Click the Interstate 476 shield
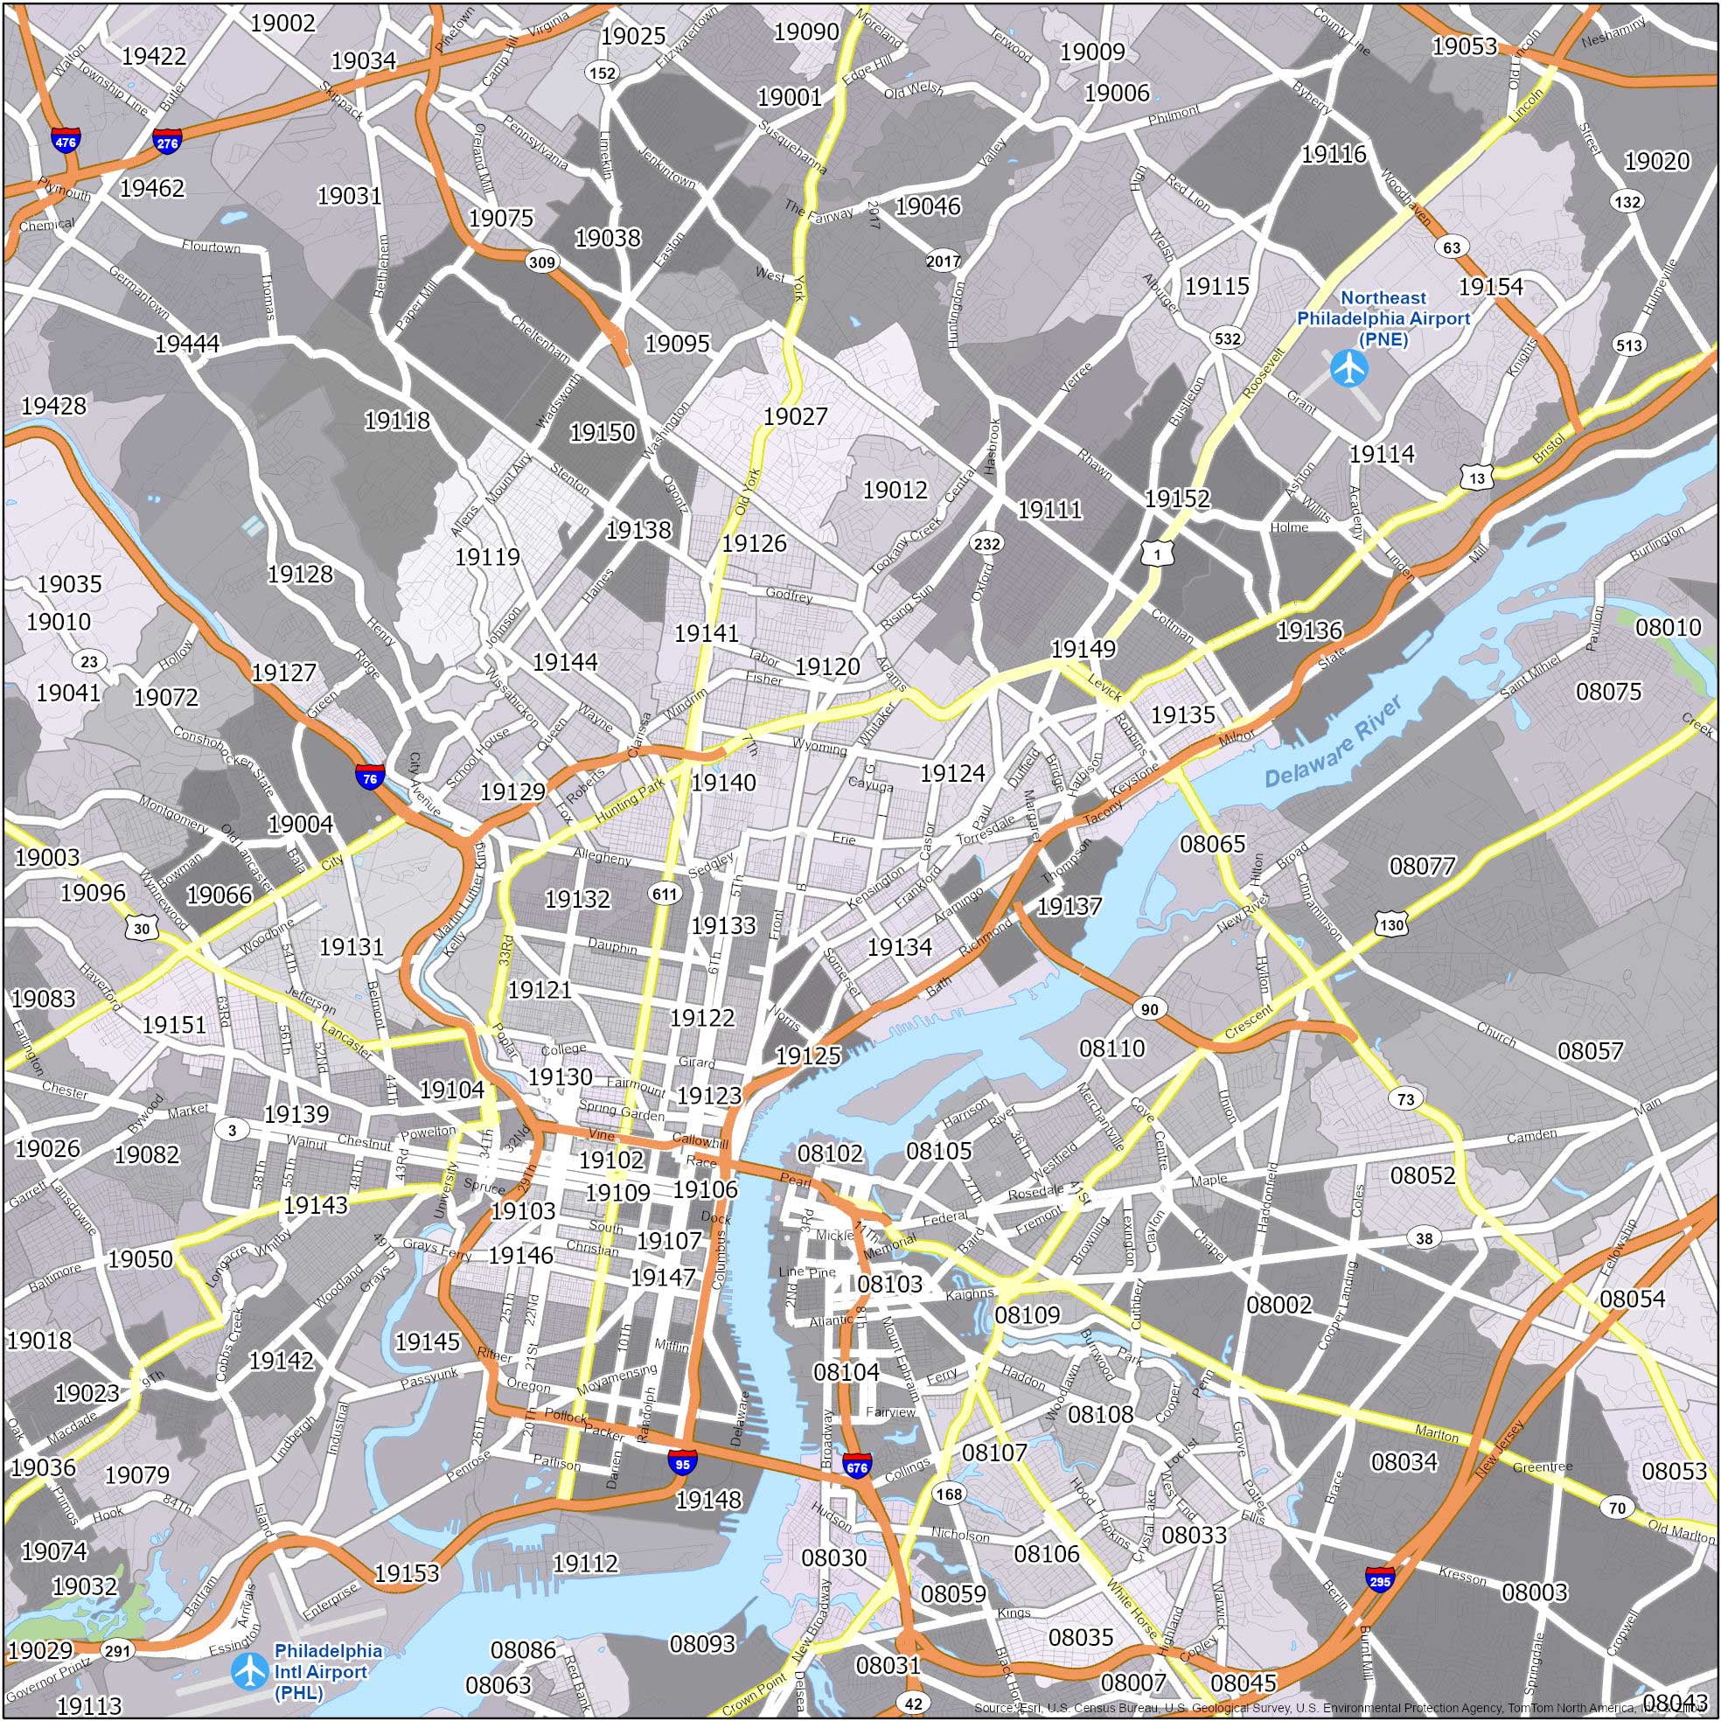[x=65, y=141]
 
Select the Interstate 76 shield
[x=370, y=777]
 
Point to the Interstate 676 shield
[x=857, y=1466]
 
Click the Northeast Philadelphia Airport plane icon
[x=1347, y=367]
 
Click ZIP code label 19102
[x=611, y=1159]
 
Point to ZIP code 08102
[x=830, y=1153]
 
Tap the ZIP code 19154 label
[x=1490, y=287]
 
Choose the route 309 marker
[x=541, y=261]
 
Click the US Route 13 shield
[x=1477, y=478]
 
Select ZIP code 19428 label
[x=54, y=405]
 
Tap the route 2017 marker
[x=944, y=261]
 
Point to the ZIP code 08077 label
[x=1422, y=865]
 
